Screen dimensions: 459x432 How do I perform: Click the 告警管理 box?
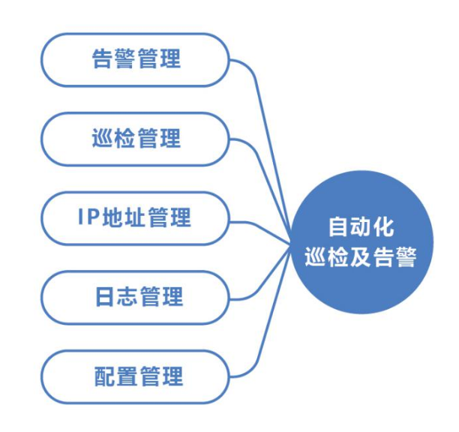pos(135,60)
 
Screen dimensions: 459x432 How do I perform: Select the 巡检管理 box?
pos(135,139)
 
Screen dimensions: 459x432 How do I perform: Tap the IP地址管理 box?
pos(135,218)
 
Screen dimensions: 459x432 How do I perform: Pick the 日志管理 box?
pos(135,297)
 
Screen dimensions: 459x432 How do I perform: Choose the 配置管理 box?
pos(135,377)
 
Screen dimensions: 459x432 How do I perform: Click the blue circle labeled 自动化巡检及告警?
pos(361,241)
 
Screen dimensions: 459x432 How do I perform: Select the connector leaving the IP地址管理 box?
pos(260,228)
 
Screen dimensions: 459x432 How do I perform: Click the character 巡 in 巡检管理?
pos(103,138)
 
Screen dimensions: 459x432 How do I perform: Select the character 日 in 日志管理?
pos(104,297)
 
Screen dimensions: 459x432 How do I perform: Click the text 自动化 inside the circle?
pos(361,226)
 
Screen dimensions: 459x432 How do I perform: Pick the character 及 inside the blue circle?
pos(361,257)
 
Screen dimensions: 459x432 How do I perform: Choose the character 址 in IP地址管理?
pos(135,217)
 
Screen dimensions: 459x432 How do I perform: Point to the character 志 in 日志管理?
pos(127,297)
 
